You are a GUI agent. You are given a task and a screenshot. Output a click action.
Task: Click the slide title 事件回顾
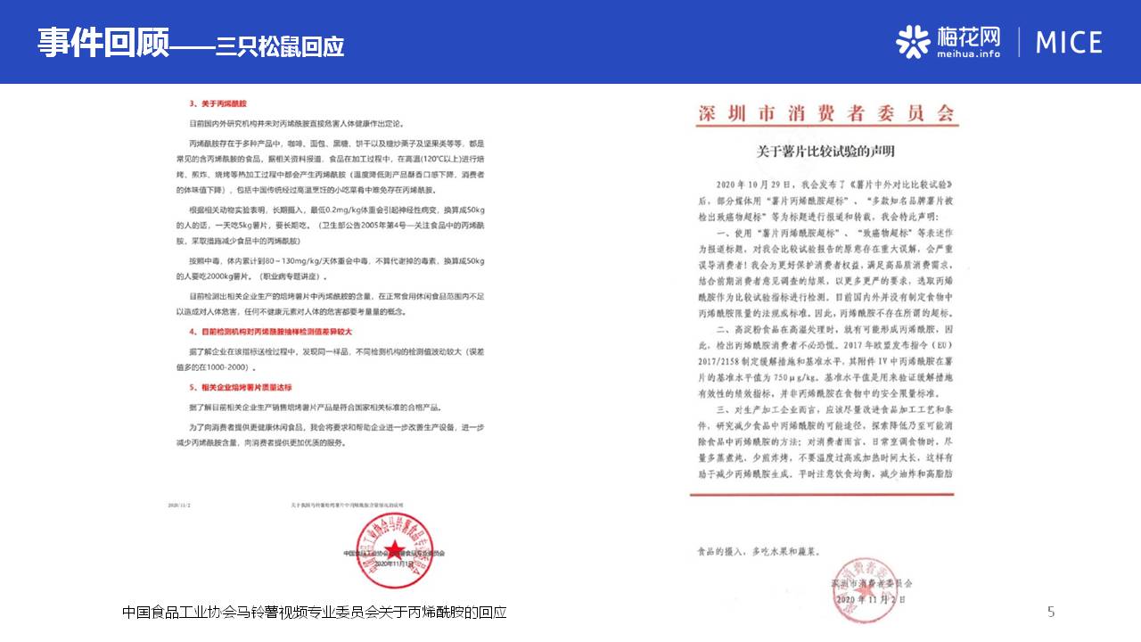click(103, 42)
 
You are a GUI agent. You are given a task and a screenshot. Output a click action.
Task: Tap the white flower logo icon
click(913, 41)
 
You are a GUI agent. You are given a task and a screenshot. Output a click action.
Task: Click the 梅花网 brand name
click(969, 36)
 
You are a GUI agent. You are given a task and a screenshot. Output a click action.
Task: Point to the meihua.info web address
click(968, 54)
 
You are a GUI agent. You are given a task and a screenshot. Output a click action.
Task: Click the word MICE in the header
click(1069, 42)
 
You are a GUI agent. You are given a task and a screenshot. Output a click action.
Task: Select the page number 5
click(1051, 612)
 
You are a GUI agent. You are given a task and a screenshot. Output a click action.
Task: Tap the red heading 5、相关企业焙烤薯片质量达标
click(241, 387)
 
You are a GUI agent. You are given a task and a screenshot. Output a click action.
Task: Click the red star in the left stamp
click(393, 546)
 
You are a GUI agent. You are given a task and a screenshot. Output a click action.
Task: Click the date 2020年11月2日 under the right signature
click(870, 600)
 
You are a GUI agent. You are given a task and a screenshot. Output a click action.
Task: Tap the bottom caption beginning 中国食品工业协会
click(314, 613)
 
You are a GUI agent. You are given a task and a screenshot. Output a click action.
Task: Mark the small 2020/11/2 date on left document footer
click(179, 505)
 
